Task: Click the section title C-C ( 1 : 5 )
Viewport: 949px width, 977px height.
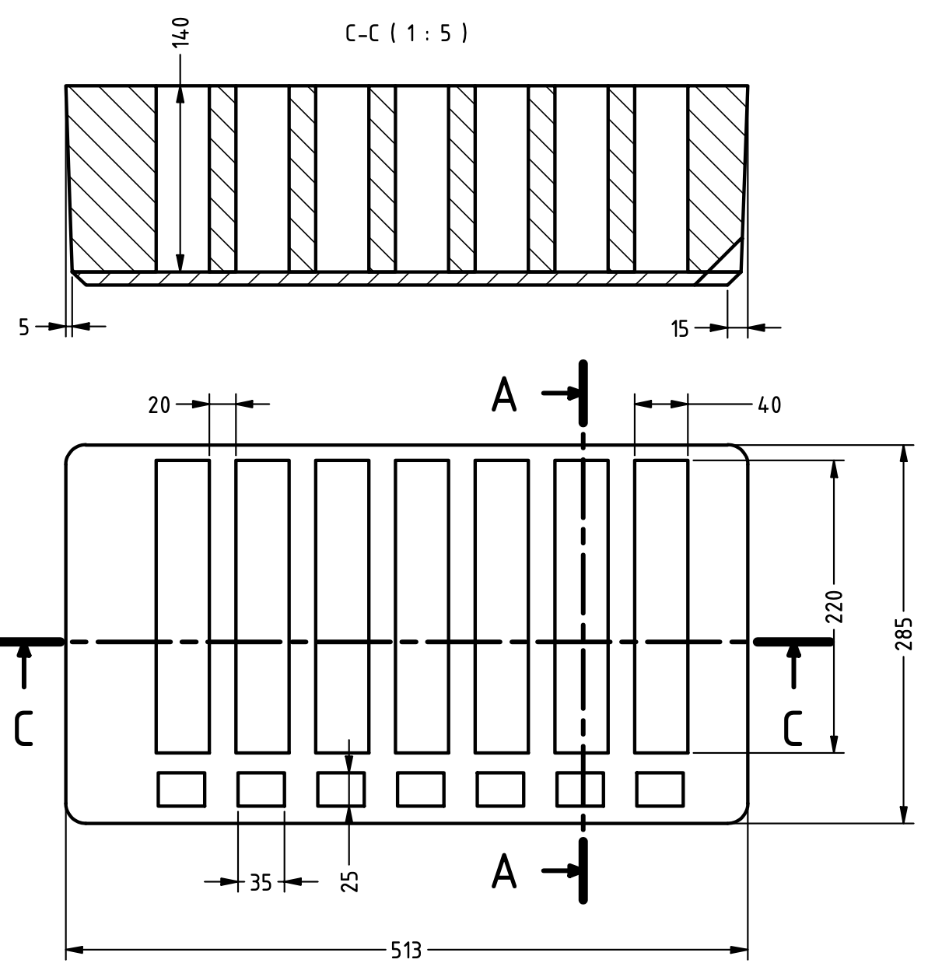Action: click(407, 33)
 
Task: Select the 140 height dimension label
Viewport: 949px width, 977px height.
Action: click(180, 30)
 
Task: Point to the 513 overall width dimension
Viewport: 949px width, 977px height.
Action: click(405, 951)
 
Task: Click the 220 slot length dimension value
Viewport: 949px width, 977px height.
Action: click(835, 607)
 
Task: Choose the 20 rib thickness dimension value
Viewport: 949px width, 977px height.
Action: click(159, 404)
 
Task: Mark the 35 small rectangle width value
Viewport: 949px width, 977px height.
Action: click(261, 883)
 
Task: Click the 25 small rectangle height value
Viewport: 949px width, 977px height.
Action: click(350, 881)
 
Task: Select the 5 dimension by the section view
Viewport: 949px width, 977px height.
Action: click(24, 327)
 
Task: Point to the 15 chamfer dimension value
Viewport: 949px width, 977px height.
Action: click(680, 329)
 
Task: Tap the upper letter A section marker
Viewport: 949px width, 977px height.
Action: click(504, 396)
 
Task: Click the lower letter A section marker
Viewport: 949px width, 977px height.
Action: click(504, 871)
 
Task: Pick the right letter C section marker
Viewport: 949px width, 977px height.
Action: click(793, 729)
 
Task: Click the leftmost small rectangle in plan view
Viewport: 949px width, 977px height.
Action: click(181, 789)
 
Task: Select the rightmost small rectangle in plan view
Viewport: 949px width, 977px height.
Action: click(660, 789)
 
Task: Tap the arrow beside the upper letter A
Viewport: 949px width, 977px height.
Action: click(560, 394)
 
